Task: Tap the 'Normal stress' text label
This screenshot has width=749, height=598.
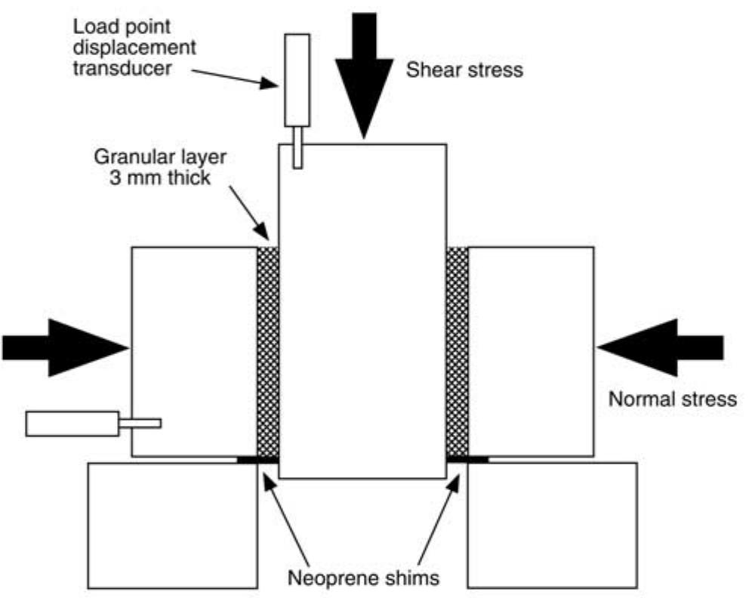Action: [672, 398]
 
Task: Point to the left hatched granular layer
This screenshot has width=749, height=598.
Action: [268, 351]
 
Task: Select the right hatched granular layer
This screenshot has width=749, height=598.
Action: [457, 351]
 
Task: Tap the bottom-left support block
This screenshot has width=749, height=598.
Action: [173, 525]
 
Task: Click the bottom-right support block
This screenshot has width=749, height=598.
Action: [552, 525]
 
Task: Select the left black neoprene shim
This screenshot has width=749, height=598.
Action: [257, 458]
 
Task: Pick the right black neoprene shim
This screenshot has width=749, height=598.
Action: [467, 458]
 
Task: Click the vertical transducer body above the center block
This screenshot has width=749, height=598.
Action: [297, 80]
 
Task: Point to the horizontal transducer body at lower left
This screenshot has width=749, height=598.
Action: [72, 424]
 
